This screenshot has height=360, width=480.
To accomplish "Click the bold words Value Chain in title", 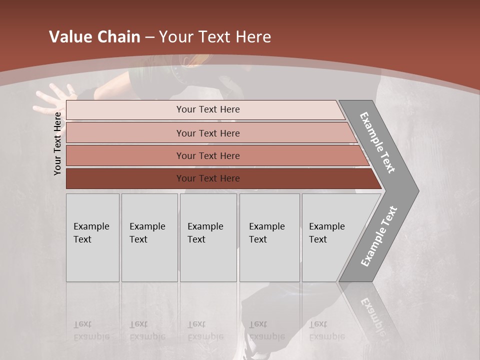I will pos(94,36).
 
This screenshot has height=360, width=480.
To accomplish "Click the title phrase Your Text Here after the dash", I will pos(215,36).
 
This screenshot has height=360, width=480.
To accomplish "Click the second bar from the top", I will pos(208,133).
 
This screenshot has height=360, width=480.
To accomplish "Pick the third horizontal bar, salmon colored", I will pos(208,155).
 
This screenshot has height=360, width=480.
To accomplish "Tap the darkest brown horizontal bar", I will pos(208,178).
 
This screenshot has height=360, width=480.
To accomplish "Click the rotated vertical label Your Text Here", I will pos(57,143).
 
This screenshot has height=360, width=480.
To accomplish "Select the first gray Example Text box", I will pos(92,237).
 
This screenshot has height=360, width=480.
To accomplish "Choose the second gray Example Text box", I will pos(149,237).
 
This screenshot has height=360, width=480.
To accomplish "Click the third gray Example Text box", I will pos(208,237).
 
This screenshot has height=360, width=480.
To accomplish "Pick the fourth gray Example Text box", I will pos(269,237).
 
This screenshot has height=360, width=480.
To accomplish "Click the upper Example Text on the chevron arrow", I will pos(377,142).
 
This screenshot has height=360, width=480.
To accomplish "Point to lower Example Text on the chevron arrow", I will pos(379,236).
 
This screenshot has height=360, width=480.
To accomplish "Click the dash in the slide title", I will pos(149,37).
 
